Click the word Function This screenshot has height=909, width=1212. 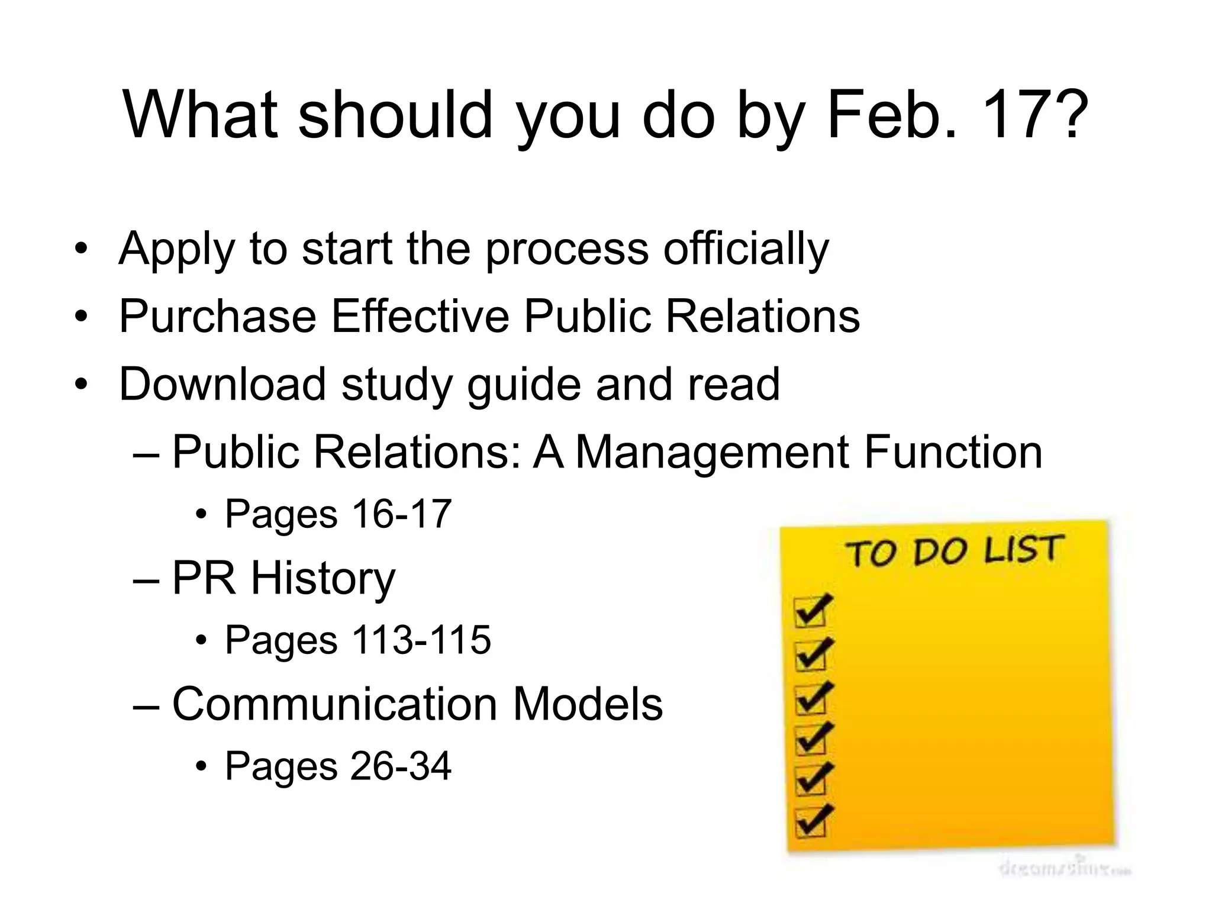pos(953,452)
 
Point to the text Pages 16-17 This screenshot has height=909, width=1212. pos(338,514)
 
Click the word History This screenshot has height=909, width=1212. pos(323,579)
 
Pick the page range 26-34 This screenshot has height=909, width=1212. pos(400,766)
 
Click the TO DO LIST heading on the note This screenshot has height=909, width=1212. pos(954,550)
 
